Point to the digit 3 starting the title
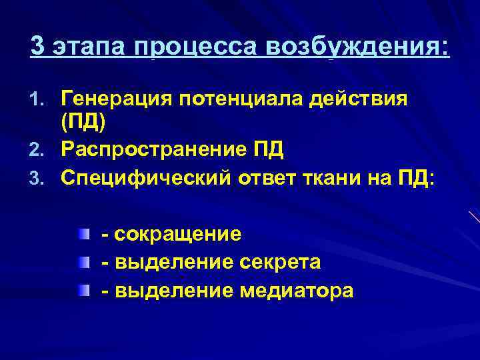click(39, 47)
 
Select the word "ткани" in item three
click(339, 177)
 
